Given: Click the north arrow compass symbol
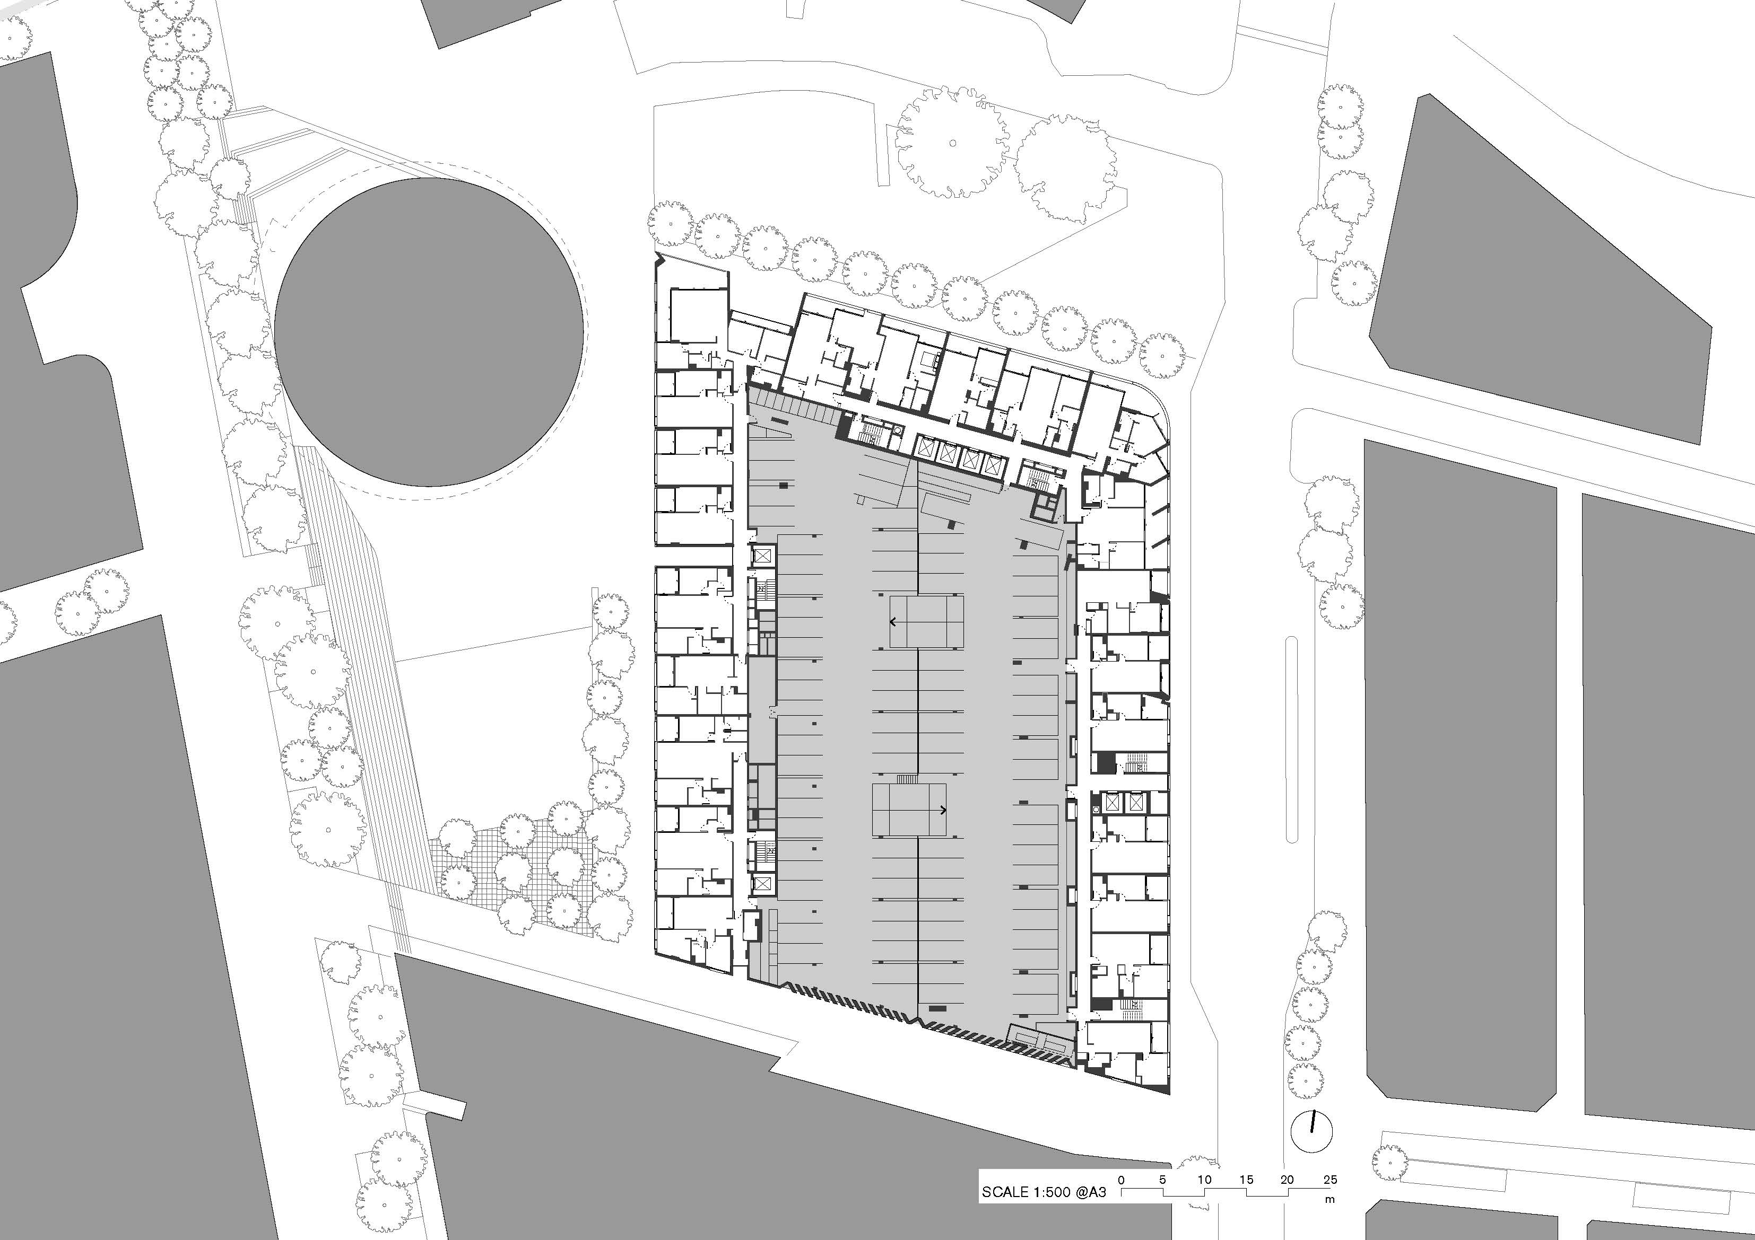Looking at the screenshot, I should pyautogui.click(x=1311, y=1131).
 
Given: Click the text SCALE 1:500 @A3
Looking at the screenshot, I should pyautogui.click(x=1040, y=1192).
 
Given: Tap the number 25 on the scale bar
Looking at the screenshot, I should pyautogui.click(x=1330, y=1179).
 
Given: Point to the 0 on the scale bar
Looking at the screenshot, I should pyautogui.click(x=1122, y=1179).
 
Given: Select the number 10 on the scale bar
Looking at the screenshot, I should pyautogui.click(x=1204, y=1179).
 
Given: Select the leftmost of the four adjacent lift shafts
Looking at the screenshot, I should pyautogui.click(x=926, y=452).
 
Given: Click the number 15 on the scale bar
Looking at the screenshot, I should pyautogui.click(x=1246, y=1179).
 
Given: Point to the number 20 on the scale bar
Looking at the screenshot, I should pyautogui.click(x=1287, y=1179).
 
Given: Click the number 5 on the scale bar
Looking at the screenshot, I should pyautogui.click(x=1162, y=1179).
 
